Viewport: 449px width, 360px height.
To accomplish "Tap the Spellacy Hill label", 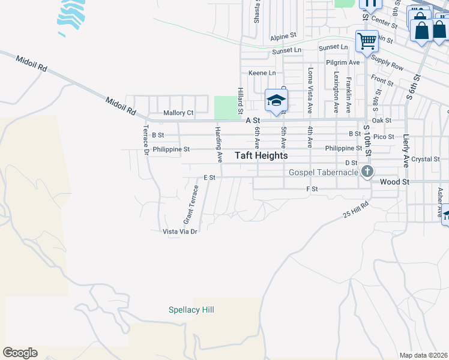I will click(x=191, y=310).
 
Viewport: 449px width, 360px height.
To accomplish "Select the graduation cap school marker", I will click(x=277, y=100).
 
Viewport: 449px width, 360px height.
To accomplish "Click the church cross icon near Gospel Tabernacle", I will click(x=367, y=172).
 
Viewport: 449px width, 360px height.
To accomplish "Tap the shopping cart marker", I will click(x=367, y=41).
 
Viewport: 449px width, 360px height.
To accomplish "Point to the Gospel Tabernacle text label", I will click(x=324, y=172).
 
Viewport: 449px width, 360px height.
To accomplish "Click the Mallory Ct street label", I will click(x=178, y=113).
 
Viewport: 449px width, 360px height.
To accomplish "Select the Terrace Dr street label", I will click(x=146, y=140).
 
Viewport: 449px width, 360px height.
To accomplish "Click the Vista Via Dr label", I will click(x=180, y=231).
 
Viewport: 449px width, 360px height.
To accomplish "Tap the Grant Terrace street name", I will click(x=191, y=202).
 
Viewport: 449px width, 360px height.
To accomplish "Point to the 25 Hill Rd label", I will click(x=355, y=209).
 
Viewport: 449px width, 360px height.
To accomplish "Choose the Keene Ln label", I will click(x=262, y=73).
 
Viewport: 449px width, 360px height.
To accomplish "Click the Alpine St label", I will click(x=283, y=37).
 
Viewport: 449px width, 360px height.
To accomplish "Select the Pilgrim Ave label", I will click(x=343, y=62).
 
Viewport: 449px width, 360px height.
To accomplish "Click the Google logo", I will click(x=20, y=353).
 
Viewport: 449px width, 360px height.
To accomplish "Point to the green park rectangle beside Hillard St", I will click(x=226, y=107).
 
